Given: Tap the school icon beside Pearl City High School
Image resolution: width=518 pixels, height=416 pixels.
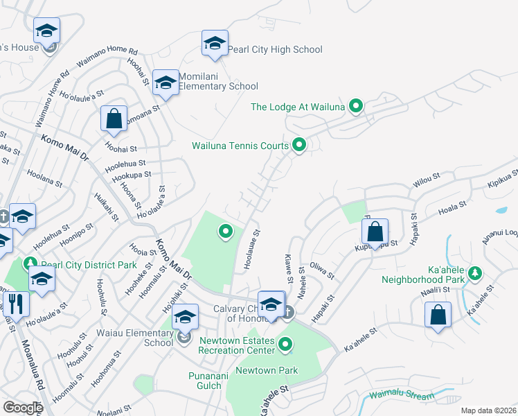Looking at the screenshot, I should [215, 43].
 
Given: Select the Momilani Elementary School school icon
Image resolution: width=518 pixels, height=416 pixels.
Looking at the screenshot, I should [166, 83].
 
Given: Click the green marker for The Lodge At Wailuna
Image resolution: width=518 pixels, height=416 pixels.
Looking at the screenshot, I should [356, 106].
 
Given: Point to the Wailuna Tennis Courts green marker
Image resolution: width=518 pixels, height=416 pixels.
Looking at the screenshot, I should [299, 145].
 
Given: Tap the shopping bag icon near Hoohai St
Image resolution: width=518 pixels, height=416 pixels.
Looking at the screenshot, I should [114, 119].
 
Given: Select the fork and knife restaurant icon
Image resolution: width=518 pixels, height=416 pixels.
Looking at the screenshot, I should [15, 303].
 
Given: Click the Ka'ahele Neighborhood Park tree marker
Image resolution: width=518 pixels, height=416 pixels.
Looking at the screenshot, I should [475, 273].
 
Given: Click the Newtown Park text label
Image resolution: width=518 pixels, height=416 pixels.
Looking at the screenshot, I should [267, 370].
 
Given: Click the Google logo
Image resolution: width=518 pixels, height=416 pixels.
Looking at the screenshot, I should [23, 408].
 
